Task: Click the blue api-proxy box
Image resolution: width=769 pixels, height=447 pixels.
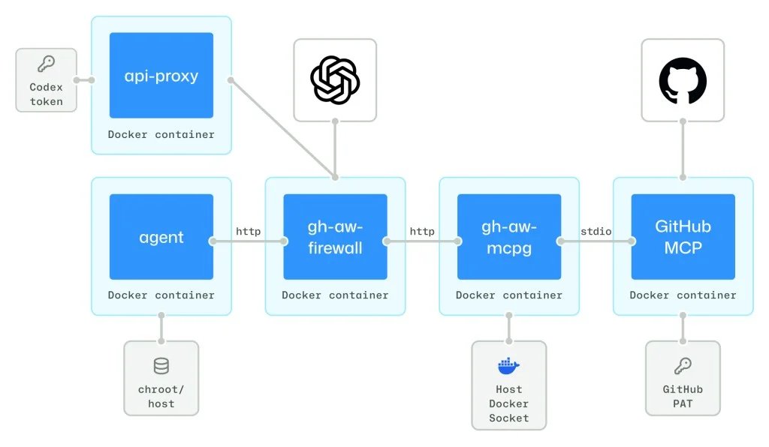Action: pos(161,75)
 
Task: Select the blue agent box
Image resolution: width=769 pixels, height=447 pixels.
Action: pos(161,237)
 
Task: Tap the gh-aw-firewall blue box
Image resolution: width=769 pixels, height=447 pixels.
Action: pos(335,237)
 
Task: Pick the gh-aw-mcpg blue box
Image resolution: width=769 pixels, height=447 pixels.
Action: pos(508,237)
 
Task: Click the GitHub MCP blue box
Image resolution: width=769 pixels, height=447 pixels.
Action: pos(683,237)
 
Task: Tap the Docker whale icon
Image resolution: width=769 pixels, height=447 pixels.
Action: pos(508,366)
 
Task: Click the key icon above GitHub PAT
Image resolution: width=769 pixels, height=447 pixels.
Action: pos(683,365)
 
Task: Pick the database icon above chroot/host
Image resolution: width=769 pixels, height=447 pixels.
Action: pos(161,366)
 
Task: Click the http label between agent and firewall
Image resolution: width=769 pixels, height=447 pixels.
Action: pos(248,231)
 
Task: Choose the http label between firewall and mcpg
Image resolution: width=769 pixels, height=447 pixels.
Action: pos(421,231)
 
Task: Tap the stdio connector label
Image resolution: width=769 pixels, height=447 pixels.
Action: pos(596,231)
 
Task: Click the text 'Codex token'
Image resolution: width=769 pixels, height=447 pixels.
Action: pos(46,94)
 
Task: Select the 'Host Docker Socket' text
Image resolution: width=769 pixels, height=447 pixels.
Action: pos(508,403)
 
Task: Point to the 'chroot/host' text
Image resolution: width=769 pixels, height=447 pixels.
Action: pos(161,396)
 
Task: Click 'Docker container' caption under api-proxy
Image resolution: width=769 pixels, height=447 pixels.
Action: pos(161,134)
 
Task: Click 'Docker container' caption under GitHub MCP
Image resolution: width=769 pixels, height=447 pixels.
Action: pos(683,295)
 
